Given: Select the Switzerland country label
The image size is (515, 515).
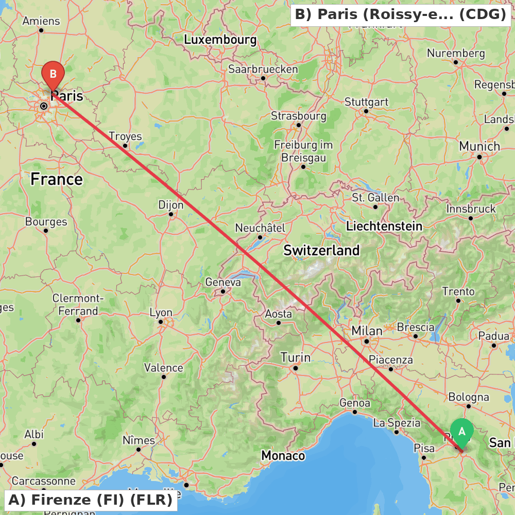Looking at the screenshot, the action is click(x=321, y=251).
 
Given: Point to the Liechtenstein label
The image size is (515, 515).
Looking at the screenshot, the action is click(x=384, y=226).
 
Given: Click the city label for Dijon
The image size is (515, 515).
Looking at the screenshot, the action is click(x=170, y=205).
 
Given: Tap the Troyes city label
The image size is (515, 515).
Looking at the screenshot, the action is click(x=125, y=136).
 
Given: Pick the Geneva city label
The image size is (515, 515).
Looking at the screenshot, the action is click(x=223, y=282).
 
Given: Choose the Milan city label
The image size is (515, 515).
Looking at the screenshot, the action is click(x=367, y=331).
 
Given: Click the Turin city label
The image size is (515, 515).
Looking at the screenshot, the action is click(x=295, y=357).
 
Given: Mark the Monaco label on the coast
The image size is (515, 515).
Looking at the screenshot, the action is click(x=283, y=456).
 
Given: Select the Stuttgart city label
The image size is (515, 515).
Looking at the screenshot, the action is click(x=366, y=102).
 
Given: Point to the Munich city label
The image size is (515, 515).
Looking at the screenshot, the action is click(x=479, y=147).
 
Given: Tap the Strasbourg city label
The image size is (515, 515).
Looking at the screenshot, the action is click(x=299, y=116).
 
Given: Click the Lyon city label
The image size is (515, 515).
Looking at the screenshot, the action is click(x=161, y=313).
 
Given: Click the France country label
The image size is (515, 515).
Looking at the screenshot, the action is click(x=56, y=179).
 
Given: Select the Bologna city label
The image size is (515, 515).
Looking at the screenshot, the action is click(x=469, y=397).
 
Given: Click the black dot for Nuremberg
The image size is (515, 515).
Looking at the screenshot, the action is click(x=456, y=62).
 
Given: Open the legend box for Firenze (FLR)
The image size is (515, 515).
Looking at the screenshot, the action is click(x=90, y=500).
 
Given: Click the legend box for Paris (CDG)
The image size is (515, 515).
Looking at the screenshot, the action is click(x=401, y=14).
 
